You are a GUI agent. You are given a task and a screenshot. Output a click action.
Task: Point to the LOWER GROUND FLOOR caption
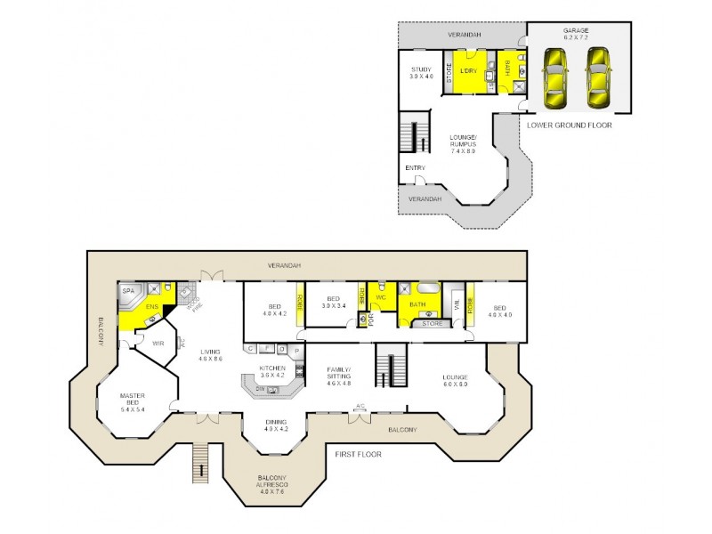point(570,125)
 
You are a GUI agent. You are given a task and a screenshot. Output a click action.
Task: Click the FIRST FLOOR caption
point(358,454)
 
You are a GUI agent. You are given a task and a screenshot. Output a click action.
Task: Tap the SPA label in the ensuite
point(128,291)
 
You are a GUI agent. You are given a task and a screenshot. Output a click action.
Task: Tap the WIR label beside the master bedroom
point(159,343)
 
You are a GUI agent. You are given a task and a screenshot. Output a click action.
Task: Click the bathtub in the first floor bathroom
point(427,287)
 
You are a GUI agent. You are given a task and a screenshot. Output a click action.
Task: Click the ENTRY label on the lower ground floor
point(415,167)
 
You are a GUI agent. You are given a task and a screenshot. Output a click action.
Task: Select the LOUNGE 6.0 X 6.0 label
point(456,380)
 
